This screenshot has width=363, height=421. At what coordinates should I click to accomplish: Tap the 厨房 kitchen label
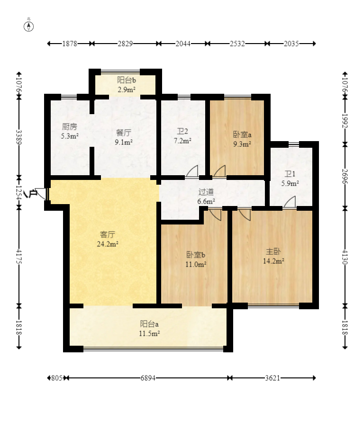(69, 126)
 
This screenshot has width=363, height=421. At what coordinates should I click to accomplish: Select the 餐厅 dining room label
(124, 133)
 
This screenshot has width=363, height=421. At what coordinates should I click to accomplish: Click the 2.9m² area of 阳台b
(126, 90)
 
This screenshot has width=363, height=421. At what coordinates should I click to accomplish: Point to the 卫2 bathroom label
(182, 131)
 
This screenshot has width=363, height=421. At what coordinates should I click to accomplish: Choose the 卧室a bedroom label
(242, 134)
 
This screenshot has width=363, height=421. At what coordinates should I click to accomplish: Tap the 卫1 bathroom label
(290, 174)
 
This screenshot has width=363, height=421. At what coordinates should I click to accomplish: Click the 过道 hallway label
(206, 192)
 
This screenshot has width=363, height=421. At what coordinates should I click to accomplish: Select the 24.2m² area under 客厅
(108, 244)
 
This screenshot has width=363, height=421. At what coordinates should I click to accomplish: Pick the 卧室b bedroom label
(196, 254)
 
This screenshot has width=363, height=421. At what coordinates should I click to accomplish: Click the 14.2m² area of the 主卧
(273, 261)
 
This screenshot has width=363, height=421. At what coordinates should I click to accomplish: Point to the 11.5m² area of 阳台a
(149, 334)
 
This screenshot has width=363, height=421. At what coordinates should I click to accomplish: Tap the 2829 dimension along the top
(125, 44)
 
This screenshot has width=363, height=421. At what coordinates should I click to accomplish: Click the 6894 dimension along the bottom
(148, 378)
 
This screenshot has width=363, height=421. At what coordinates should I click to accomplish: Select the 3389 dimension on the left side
(19, 137)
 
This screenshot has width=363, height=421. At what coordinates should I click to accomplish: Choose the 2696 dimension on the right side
(345, 176)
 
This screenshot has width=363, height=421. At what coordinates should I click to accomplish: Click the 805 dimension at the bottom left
(57, 378)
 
